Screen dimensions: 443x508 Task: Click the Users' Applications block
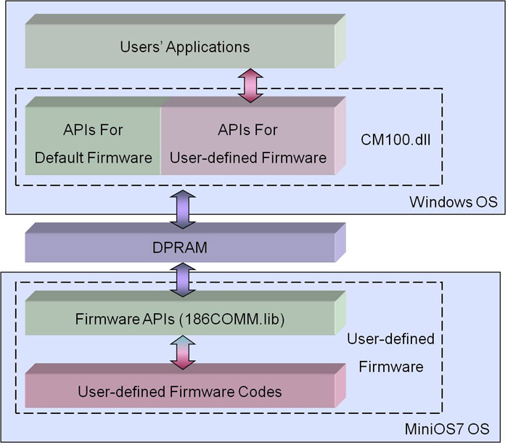(181, 47)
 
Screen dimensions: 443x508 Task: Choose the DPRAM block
(181, 248)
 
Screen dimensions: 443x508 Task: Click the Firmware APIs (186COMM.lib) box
(181, 319)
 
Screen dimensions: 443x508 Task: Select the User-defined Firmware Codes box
(181, 391)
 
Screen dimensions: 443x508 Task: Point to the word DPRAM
(181, 248)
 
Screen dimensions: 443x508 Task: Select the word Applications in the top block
(208, 47)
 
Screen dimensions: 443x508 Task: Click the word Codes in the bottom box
(261, 391)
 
